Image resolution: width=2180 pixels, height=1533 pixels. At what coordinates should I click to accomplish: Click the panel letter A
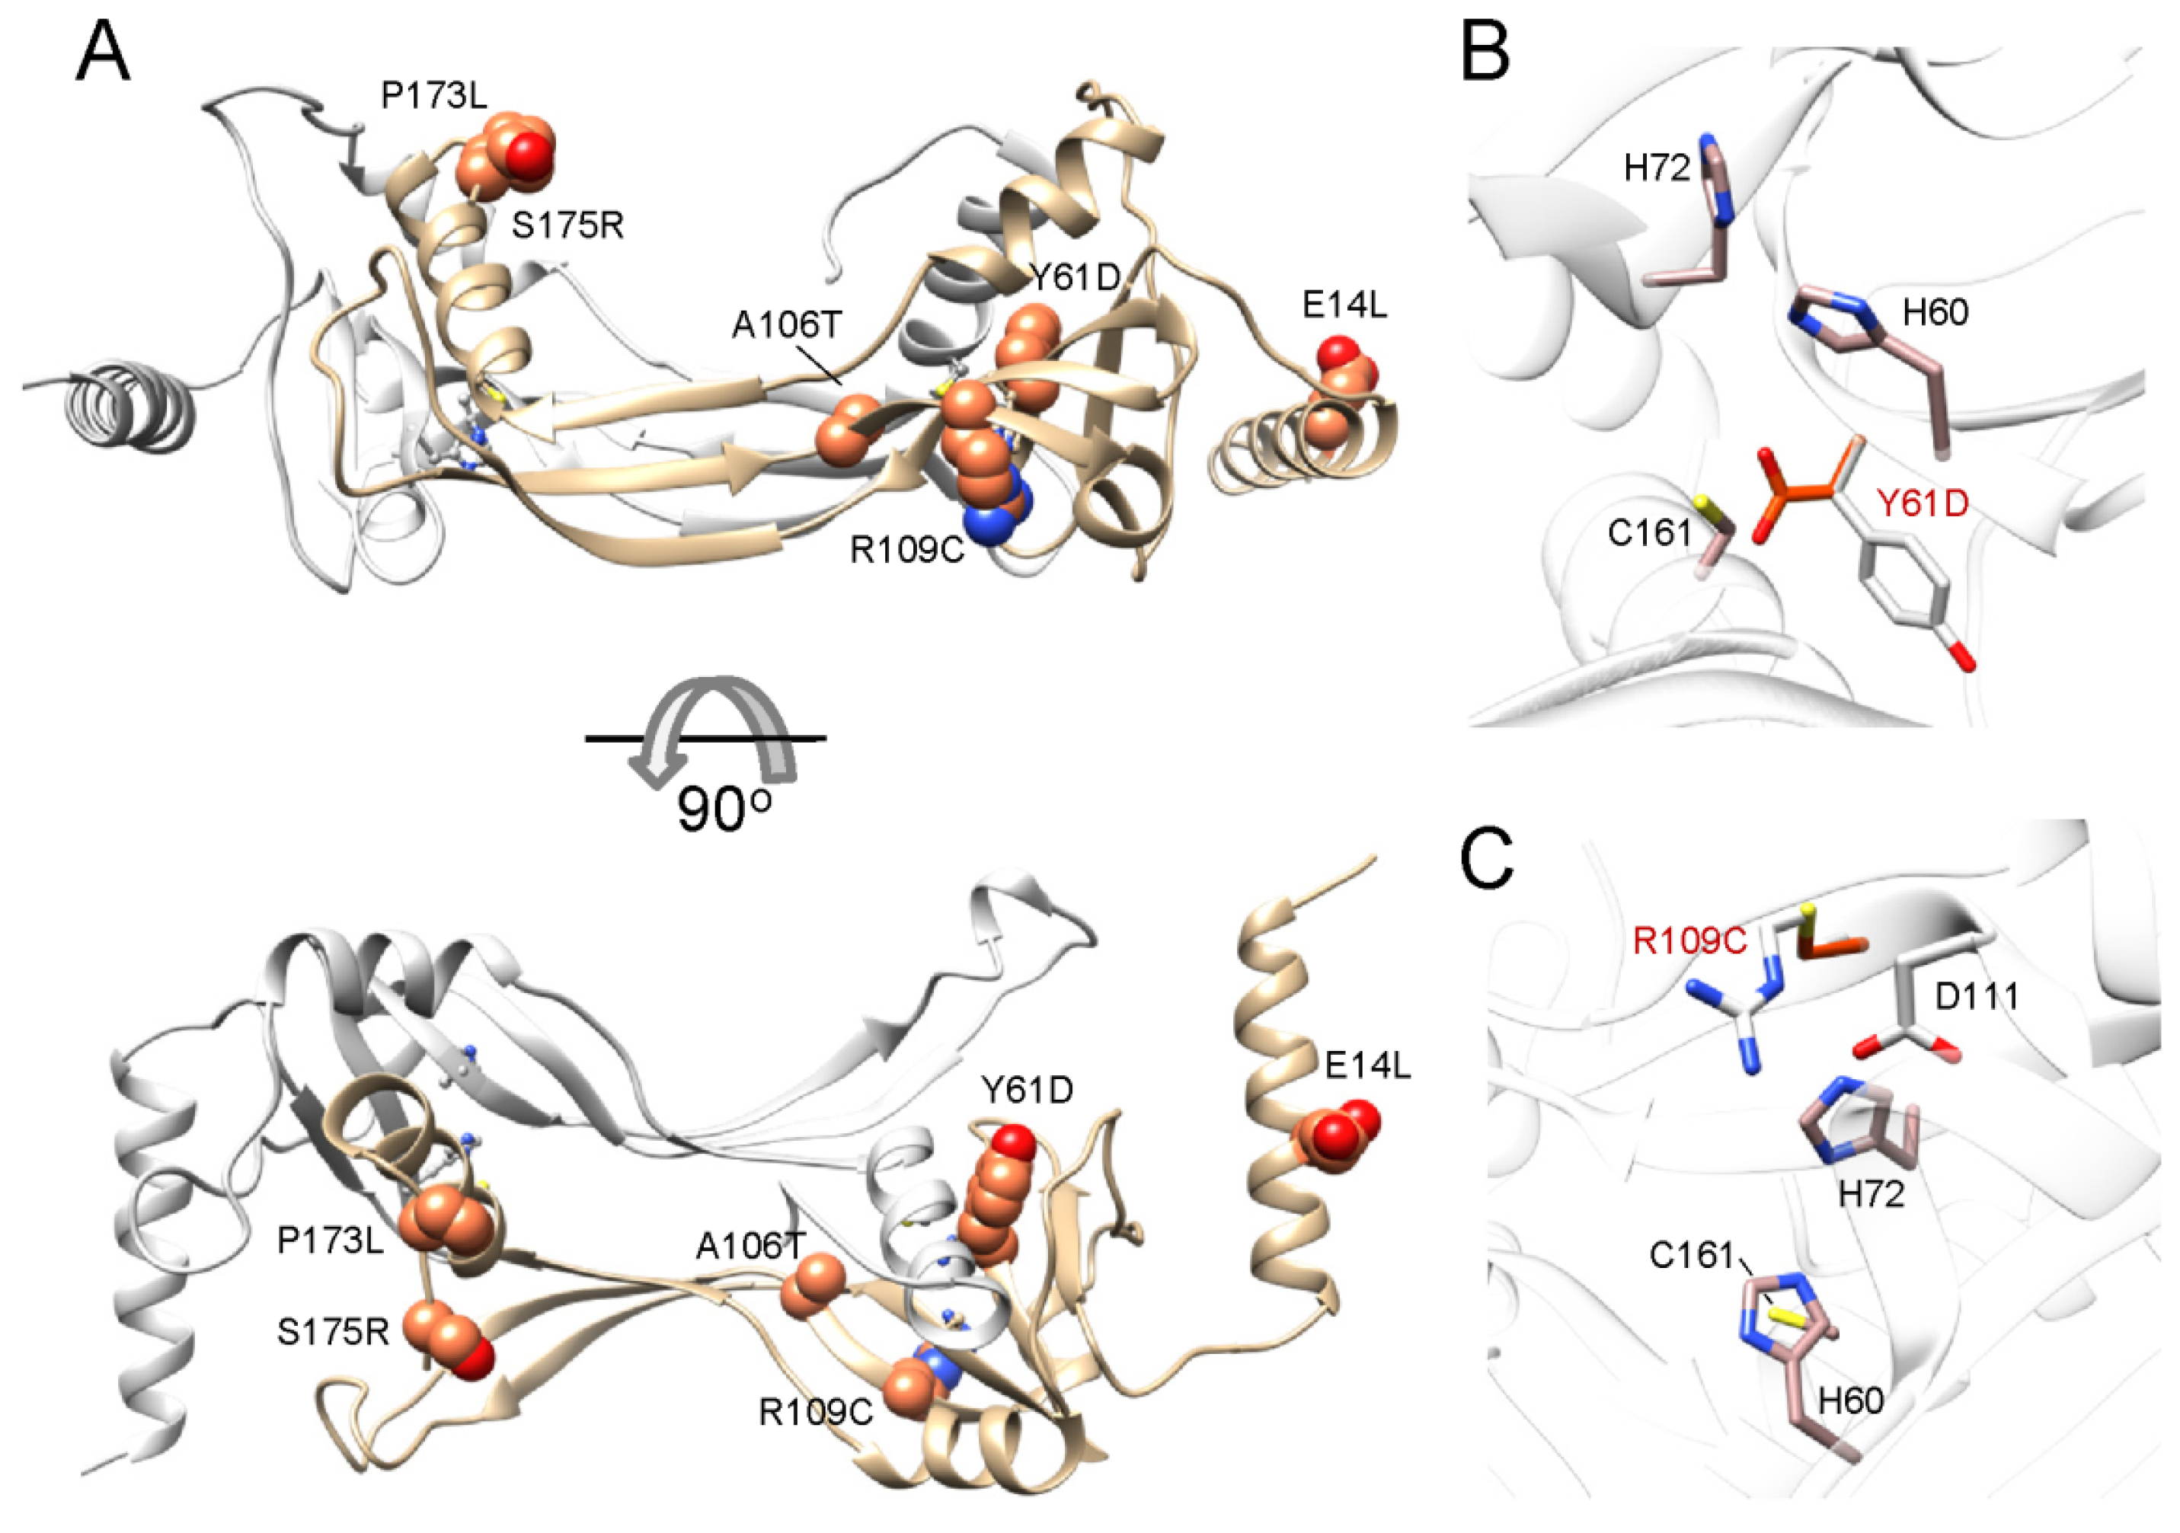[x=103, y=54]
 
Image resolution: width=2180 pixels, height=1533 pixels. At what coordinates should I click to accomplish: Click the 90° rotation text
[x=724, y=809]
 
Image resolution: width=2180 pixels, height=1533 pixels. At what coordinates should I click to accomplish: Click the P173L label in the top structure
[x=435, y=95]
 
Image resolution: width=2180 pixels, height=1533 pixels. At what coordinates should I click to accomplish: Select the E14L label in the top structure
[x=1344, y=305]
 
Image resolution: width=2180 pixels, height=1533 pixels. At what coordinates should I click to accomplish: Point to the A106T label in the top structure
[x=787, y=326]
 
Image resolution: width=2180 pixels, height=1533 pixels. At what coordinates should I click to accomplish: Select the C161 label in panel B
[x=1650, y=533]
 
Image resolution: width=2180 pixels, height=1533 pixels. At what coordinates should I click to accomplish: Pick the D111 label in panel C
[x=1977, y=996]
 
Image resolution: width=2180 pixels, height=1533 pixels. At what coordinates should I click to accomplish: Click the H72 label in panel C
[x=1872, y=1194]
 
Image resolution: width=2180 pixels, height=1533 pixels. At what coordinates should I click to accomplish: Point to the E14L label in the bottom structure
[x=1368, y=1066]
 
